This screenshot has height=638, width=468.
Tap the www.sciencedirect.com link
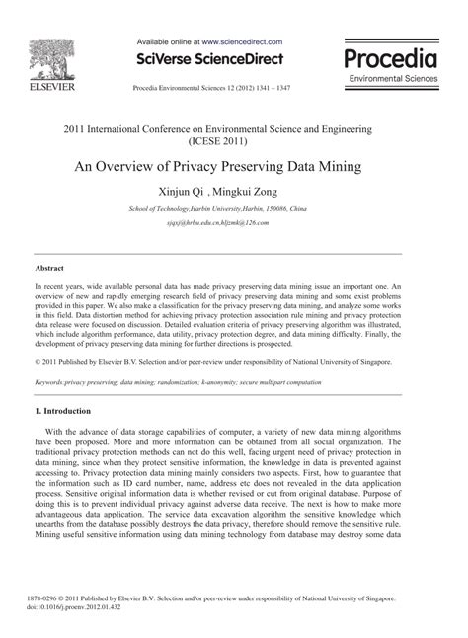tap(241, 42)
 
